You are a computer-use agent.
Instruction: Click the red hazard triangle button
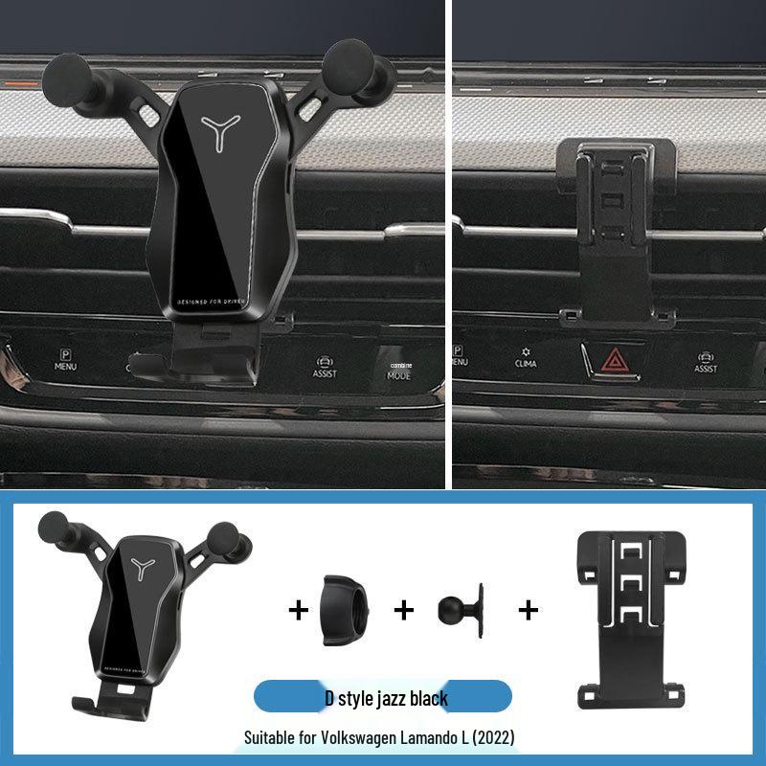tap(611, 362)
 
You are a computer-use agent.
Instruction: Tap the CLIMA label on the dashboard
tap(526, 361)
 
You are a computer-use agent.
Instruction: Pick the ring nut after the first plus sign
tap(346, 609)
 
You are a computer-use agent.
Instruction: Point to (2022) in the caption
tap(494, 737)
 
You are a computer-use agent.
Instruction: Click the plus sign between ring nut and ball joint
tap(405, 609)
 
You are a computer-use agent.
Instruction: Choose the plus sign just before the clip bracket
tap(528, 609)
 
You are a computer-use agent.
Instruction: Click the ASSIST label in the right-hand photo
tap(706, 363)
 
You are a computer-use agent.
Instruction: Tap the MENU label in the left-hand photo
tap(65, 360)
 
